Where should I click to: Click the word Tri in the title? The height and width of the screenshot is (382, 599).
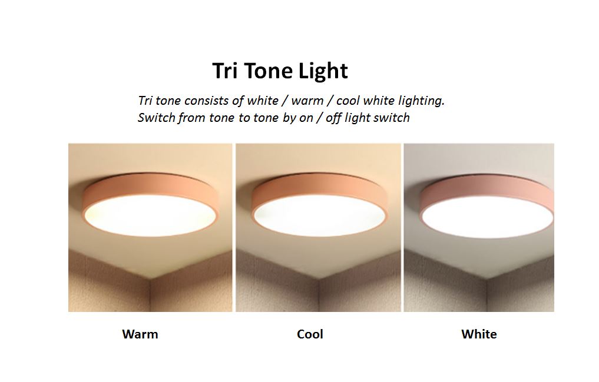coord(224,71)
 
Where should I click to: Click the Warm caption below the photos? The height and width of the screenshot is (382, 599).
coord(140,334)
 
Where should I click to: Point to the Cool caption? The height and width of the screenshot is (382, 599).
coord(310,334)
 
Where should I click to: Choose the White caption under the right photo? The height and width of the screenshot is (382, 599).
coord(479,334)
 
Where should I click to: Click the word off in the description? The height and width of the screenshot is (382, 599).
coord(333,118)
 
